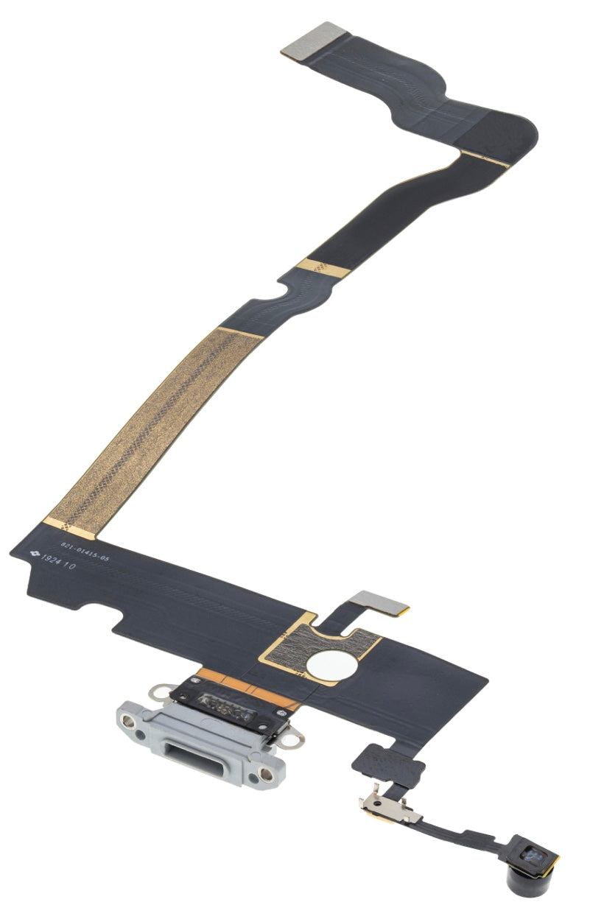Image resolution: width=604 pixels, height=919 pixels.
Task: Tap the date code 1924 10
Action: pyautogui.click(x=59, y=565)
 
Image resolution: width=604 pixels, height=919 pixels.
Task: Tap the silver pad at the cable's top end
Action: pyautogui.click(x=315, y=40)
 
